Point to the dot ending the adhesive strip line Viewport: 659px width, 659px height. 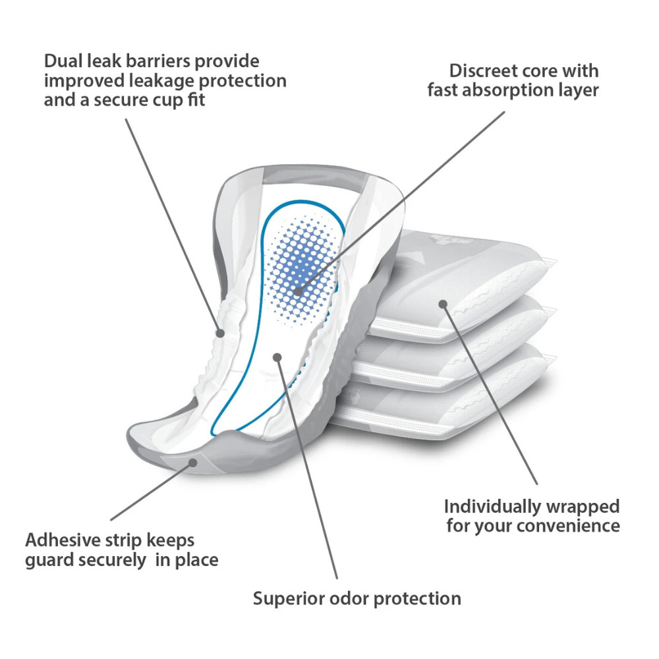pyautogui.click(x=193, y=463)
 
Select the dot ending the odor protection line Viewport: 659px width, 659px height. pyautogui.click(x=277, y=357)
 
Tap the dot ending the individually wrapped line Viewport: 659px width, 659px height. pyautogui.click(x=444, y=304)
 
